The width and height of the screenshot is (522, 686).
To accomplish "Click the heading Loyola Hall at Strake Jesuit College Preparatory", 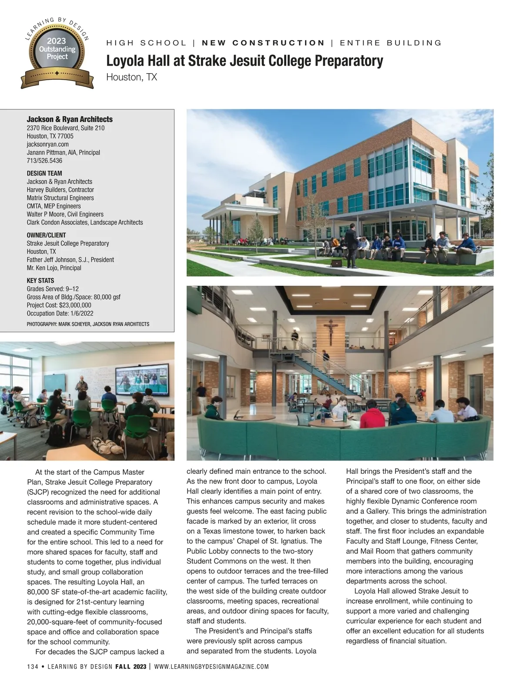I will coord(244,61).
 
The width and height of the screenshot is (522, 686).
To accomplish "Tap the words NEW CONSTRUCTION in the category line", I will coord(264,43).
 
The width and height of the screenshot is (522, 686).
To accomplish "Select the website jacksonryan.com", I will coord(47,144).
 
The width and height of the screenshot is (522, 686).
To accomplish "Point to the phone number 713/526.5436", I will coord(44,161).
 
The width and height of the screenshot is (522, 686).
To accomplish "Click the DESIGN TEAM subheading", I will coord(44,173).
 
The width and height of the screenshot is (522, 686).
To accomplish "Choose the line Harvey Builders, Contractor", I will coord(60,190).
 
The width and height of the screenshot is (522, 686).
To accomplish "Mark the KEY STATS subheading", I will coord(40,280).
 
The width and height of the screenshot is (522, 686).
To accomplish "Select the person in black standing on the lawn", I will coord(353,248).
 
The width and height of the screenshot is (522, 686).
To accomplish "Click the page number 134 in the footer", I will coord(33,667).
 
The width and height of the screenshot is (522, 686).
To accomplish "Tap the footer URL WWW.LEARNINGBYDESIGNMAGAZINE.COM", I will coord(211,667).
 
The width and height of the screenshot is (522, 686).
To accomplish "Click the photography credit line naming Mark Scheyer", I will coord(88,324).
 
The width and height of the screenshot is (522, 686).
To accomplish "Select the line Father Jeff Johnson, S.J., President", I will coord(70,260).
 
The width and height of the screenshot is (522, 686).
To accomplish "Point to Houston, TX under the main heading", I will coord(131,78).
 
